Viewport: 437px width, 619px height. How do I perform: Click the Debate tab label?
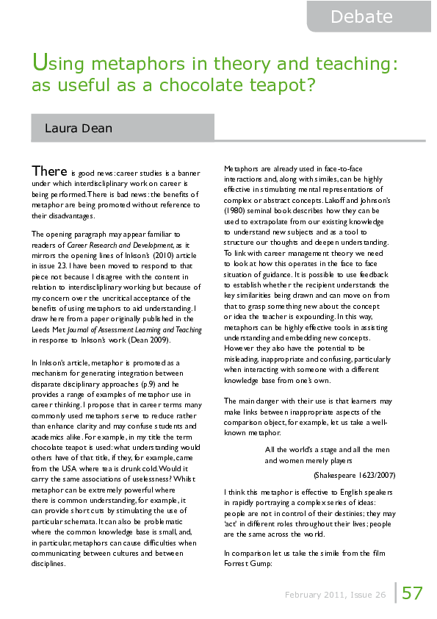[x=361, y=16]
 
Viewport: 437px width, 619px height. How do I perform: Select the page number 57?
[x=412, y=593]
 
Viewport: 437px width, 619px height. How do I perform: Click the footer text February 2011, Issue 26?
[x=336, y=595]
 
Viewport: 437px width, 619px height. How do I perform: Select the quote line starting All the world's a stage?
[x=328, y=449]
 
